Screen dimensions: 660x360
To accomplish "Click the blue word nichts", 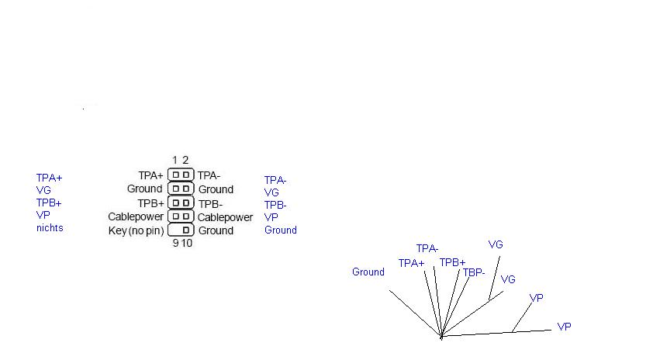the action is pos(50,228).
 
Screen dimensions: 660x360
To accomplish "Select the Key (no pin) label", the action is pos(136,230).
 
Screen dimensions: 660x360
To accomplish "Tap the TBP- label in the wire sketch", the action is pos(474,272).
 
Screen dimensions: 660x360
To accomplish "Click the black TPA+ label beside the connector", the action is pos(150,175).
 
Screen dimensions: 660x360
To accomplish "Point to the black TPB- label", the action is pos(210,204).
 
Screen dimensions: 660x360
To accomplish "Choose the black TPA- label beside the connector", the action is pos(209,175).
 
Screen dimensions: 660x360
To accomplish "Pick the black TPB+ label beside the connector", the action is pos(150,203).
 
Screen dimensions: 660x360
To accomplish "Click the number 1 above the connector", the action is pos(175,160).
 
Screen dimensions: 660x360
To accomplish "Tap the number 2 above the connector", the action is pos(185,160).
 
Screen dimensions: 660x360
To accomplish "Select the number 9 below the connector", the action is pos(175,243).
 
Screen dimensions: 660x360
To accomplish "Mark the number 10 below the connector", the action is pos(187,243).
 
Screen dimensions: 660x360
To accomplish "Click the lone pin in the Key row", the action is pos(185,230).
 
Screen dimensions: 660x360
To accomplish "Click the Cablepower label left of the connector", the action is pos(136,216).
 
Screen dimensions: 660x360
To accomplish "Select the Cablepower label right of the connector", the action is pos(225,217).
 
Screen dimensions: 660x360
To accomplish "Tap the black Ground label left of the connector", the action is pos(144,189).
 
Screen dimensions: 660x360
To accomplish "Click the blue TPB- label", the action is pos(275,205).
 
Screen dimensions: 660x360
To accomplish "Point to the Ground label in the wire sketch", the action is pos(368,272).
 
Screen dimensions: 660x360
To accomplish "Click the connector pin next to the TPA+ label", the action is pos(176,175).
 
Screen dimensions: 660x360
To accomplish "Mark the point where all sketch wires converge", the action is pos(441,336).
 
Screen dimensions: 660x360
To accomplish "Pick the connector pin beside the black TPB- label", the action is pos(185,203).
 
